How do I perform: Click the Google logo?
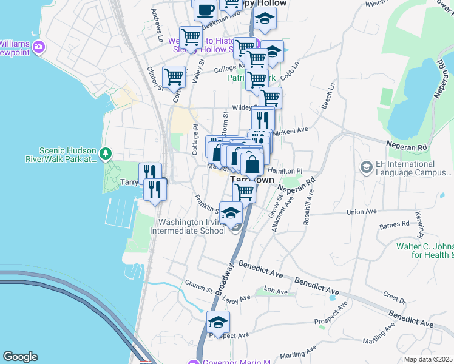(x=21, y=357)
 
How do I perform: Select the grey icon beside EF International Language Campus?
(x=366, y=166)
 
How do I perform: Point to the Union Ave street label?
(x=362, y=212)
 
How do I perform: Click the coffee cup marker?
(x=205, y=9)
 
